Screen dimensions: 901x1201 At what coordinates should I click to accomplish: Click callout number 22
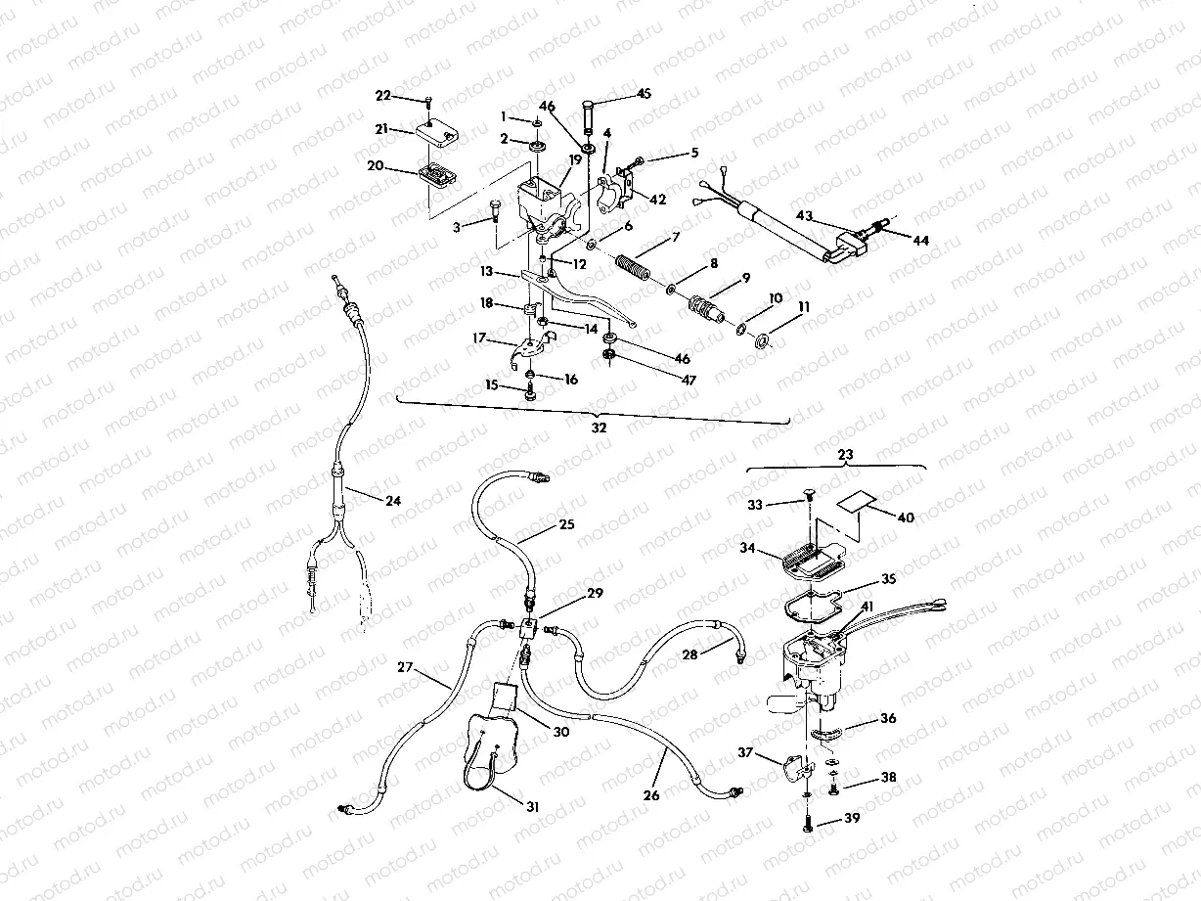[382, 95]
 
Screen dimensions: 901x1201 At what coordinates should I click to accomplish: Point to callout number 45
[644, 94]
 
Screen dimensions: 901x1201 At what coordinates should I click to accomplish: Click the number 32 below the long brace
[599, 428]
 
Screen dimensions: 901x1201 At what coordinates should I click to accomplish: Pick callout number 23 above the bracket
[846, 454]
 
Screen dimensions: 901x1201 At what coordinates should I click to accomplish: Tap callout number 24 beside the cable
[392, 500]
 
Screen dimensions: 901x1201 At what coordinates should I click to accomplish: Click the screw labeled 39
[807, 827]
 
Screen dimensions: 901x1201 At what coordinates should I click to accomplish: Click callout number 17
[480, 338]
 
